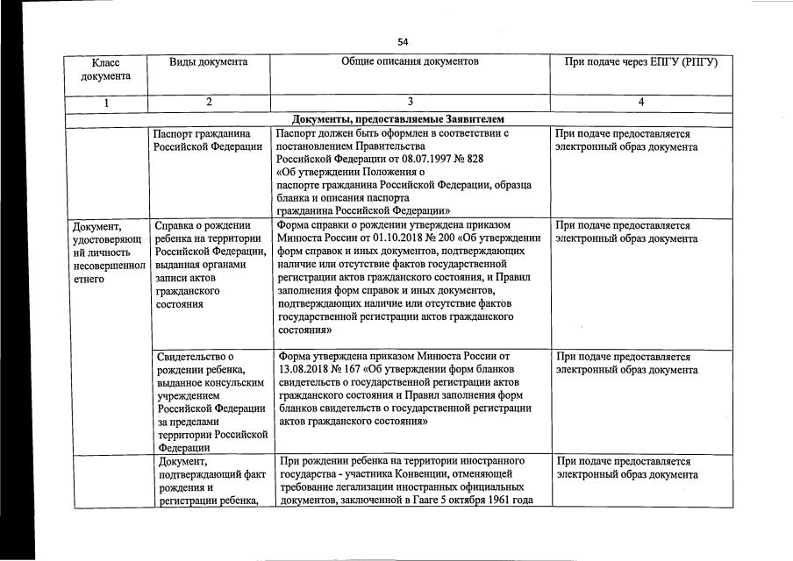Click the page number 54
pyautogui.click(x=403, y=42)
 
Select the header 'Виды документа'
pyautogui.click(x=209, y=62)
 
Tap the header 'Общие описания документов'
pyautogui.click(x=411, y=62)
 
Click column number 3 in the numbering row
pyautogui.click(x=411, y=103)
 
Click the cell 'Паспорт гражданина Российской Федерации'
pyautogui.click(x=209, y=140)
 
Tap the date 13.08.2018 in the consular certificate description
pyautogui.click(x=305, y=370)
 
